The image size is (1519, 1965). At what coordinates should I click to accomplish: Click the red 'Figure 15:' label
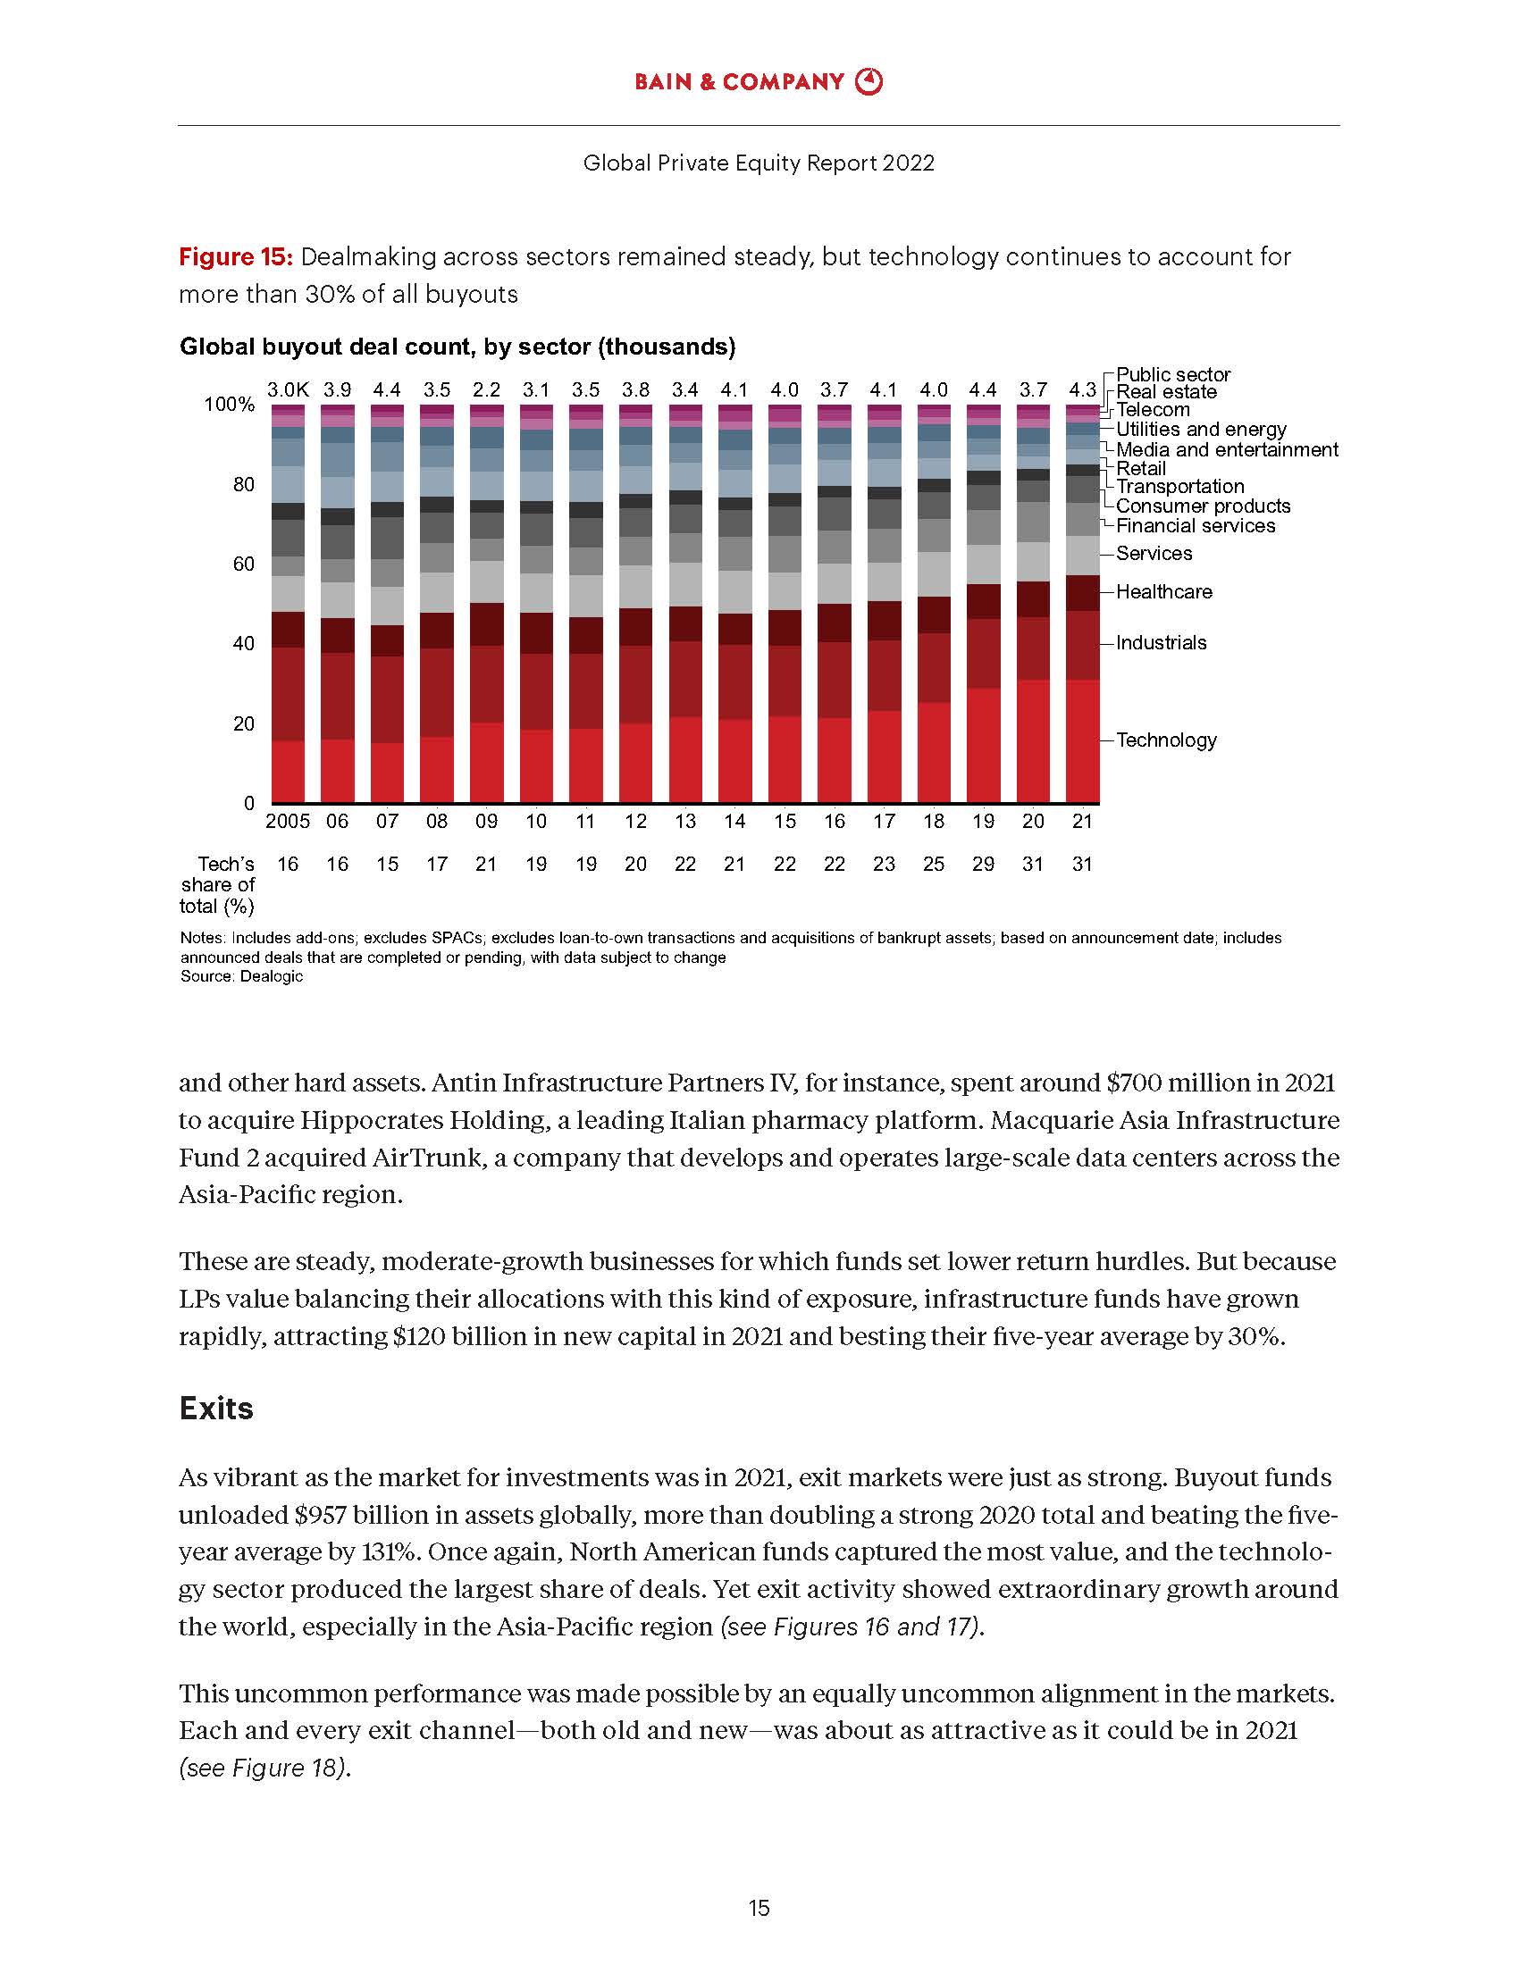[236, 257]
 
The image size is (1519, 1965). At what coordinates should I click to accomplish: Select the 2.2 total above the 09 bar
[486, 390]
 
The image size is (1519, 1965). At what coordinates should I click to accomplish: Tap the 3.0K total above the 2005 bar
[288, 390]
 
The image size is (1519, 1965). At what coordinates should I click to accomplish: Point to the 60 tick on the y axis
[244, 564]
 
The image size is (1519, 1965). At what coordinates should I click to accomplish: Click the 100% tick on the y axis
[230, 405]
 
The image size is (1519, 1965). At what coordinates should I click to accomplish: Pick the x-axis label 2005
[288, 822]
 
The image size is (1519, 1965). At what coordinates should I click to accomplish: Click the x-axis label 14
[734, 822]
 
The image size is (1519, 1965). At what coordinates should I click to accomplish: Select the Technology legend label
[1166, 740]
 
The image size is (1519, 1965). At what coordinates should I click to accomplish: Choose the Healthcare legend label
[1163, 592]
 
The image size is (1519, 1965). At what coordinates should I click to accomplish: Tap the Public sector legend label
[1172, 374]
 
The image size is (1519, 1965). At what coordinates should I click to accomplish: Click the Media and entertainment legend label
[1227, 450]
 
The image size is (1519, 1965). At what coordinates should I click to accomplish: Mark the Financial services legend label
[1195, 526]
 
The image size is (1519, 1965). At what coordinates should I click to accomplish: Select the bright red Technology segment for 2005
[288, 771]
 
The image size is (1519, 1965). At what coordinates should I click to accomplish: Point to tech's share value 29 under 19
[983, 865]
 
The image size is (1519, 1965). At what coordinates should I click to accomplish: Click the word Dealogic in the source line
[272, 977]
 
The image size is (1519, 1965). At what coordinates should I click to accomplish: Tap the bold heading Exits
[216, 1408]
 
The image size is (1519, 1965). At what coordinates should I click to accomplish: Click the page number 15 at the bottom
[759, 1909]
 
